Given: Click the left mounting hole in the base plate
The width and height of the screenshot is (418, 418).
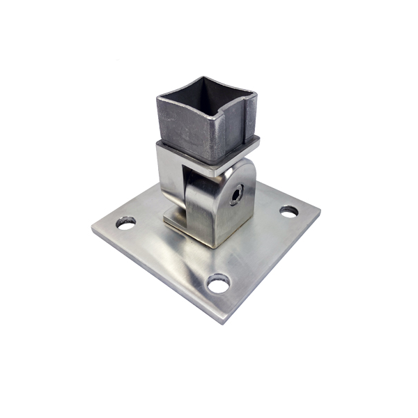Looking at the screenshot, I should (x=126, y=223).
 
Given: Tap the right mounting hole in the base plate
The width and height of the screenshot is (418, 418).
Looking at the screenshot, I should (x=288, y=211).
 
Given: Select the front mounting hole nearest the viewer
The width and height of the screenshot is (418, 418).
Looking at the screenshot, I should (x=219, y=283).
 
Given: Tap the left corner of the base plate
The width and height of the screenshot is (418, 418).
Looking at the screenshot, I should (x=93, y=227).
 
